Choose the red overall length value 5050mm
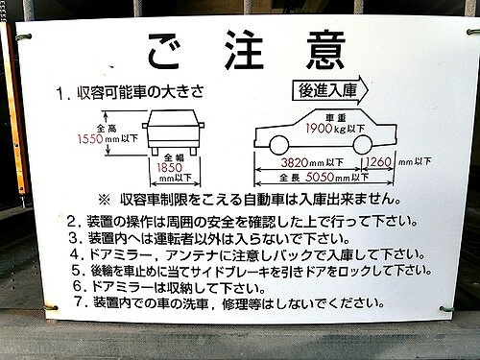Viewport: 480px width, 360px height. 321,178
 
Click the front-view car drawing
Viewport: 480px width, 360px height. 172,132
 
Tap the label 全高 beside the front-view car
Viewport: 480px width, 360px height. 105,128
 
